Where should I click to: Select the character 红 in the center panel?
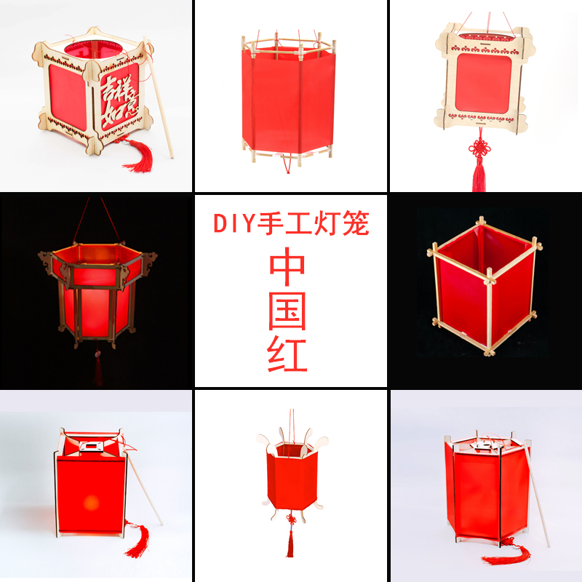[x=290, y=354]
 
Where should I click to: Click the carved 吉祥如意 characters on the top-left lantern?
[x=118, y=100]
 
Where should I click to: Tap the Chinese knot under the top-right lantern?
[x=478, y=150]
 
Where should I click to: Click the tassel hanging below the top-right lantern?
[x=478, y=175]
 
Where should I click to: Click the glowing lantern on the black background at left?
[x=97, y=291]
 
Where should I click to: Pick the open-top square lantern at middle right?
[x=484, y=287]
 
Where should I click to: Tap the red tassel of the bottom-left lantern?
[x=135, y=538]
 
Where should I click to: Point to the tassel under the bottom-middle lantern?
[x=289, y=542]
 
